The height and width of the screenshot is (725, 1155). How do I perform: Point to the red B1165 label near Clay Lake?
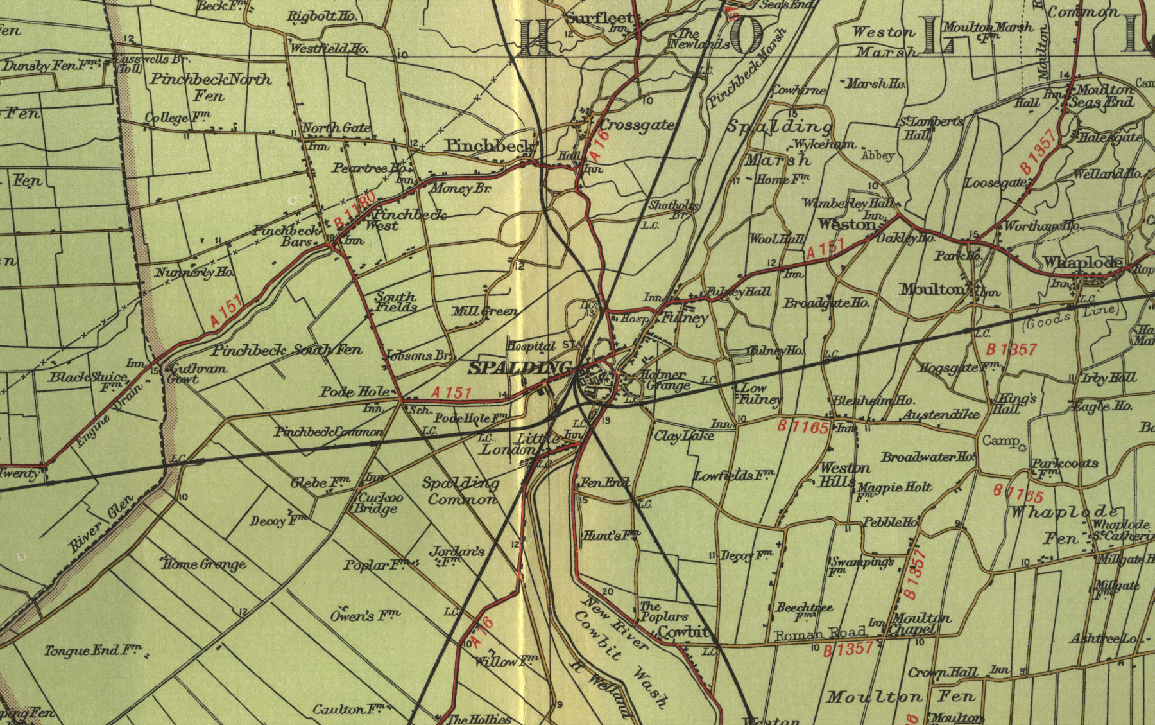click(x=803, y=426)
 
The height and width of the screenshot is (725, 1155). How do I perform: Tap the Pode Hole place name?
click(x=355, y=392)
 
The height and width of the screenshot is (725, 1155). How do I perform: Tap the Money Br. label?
click(x=460, y=189)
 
